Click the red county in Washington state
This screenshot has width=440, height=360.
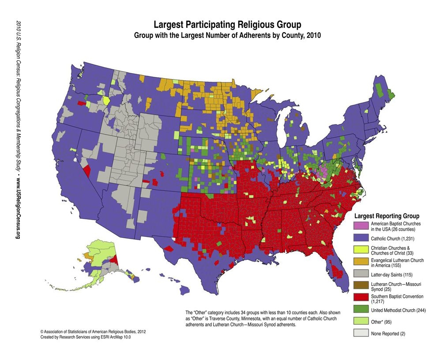[81, 103]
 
